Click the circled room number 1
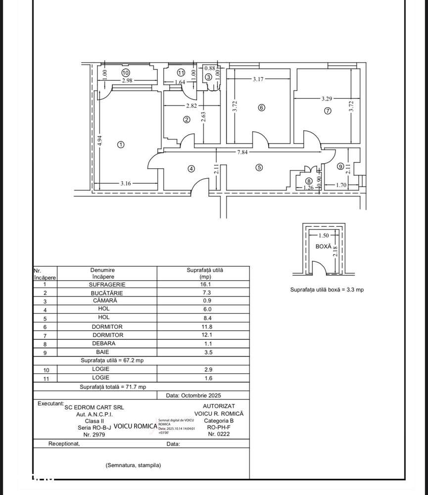[121, 145]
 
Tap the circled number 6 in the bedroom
[262, 107]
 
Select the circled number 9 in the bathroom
[340, 166]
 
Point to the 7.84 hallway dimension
[242, 152]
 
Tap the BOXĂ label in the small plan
[323, 246]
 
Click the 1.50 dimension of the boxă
[324, 236]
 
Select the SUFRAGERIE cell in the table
[107, 285]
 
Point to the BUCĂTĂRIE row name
[107, 293]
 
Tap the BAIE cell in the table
[107, 352]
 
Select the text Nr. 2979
[95, 434]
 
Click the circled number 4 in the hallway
[191, 168]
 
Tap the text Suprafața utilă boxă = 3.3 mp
[327, 290]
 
